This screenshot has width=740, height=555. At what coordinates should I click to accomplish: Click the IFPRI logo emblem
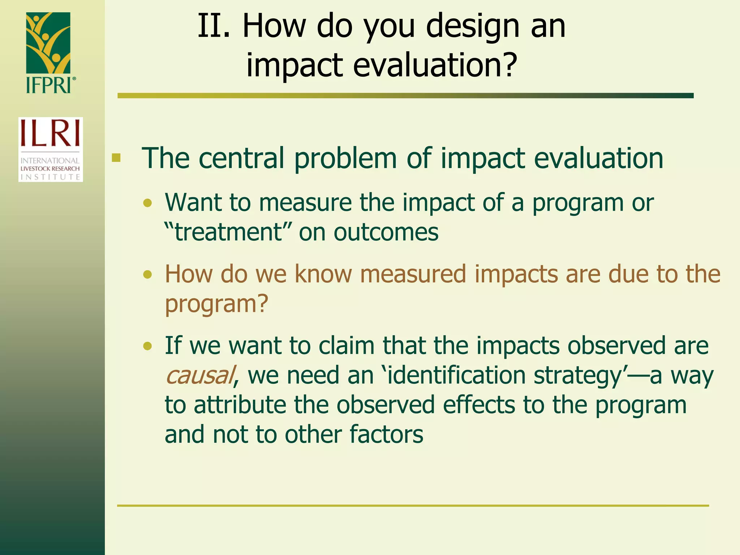[48, 43]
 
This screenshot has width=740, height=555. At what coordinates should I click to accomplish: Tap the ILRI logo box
[51, 149]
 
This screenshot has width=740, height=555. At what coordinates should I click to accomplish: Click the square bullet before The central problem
[116, 158]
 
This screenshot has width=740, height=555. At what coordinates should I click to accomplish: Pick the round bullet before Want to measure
[147, 203]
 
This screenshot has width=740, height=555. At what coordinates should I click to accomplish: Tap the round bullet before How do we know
[147, 275]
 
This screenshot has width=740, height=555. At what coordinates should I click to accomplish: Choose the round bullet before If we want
[147, 347]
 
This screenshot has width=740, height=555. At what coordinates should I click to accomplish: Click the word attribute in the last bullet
[240, 405]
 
